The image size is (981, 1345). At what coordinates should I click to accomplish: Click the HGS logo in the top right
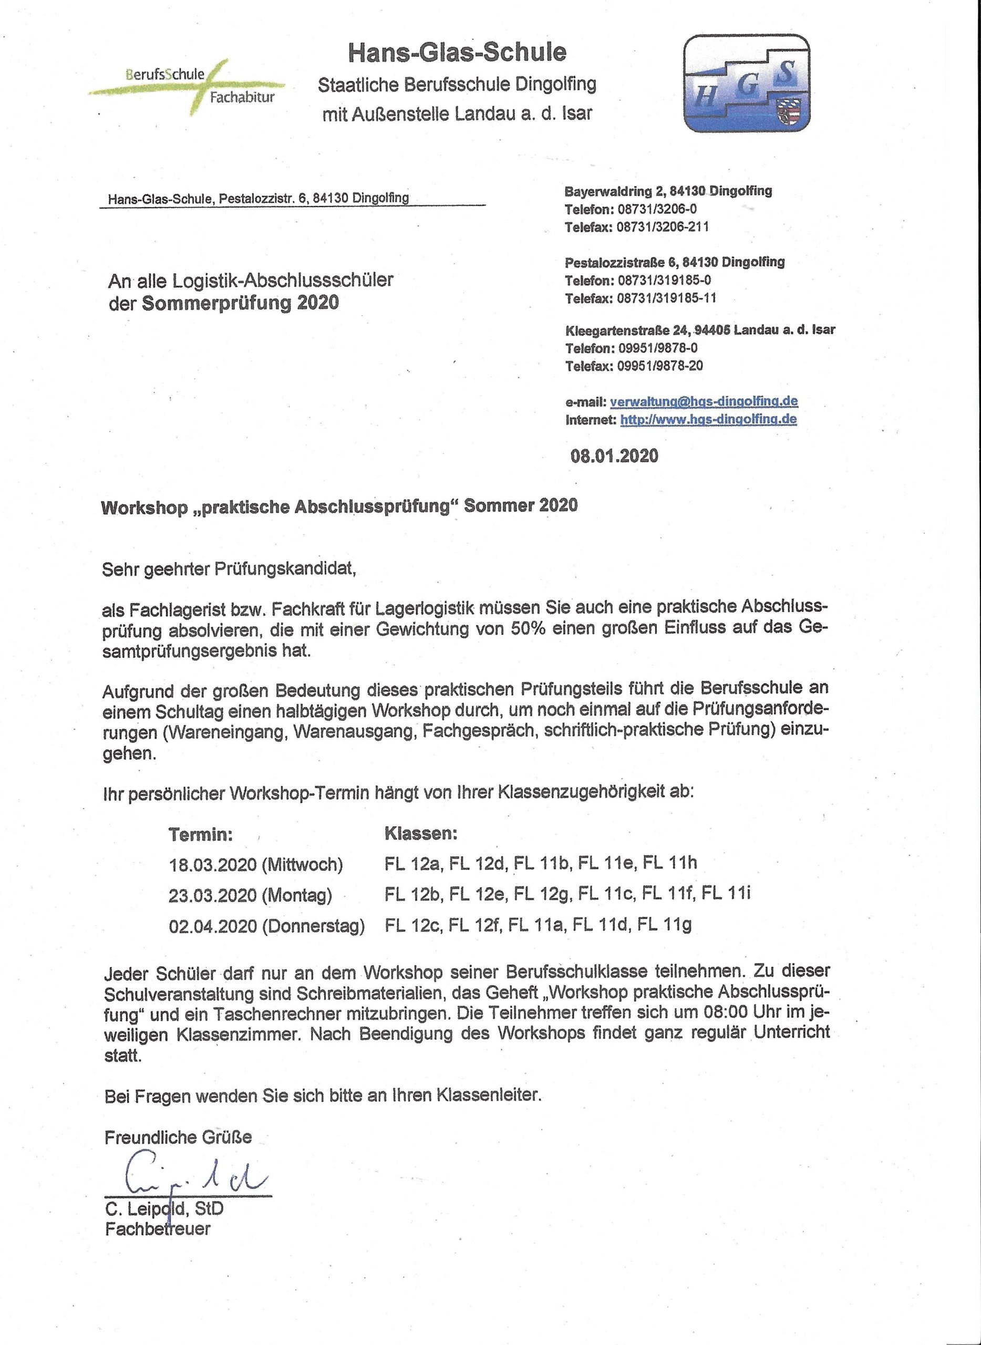pyautogui.click(x=747, y=83)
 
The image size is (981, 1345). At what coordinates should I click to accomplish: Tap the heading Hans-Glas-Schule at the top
pyautogui.click(x=457, y=52)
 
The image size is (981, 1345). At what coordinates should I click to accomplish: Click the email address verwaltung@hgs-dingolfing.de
pyautogui.click(x=704, y=401)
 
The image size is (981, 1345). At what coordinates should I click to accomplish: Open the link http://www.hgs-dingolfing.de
pyautogui.click(x=708, y=420)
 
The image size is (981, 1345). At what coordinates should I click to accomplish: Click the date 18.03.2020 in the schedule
pyautogui.click(x=213, y=864)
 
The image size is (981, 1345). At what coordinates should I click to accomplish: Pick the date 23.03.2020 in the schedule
pyautogui.click(x=213, y=895)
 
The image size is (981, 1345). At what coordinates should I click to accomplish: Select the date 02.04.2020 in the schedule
pyautogui.click(x=213, y=926)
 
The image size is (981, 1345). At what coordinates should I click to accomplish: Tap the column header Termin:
pyautogui.click(x=200, y=834)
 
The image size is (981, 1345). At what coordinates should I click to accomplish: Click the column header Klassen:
pyautogui.click(x=421, y=833)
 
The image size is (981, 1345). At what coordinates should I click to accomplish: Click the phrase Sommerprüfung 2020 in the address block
pyautogui.click(x=240, y=303)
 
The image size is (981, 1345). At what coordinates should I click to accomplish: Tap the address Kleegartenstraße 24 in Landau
pyautogui.click(x=621, y=329)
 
